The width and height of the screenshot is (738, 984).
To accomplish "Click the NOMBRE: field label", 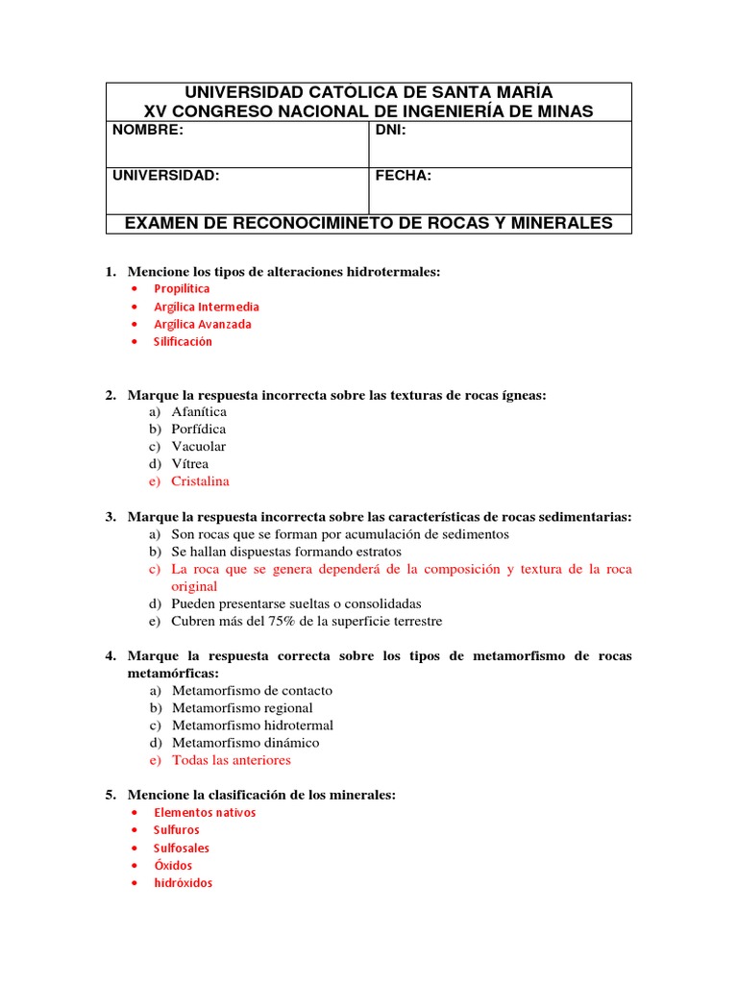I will tap(147, 131).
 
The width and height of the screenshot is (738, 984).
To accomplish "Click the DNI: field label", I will tap(391, 131).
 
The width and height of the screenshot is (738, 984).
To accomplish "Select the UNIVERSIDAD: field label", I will tap(165, 176).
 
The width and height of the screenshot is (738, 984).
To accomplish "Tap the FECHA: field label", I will tap(403, 176).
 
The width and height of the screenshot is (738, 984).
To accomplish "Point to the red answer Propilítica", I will tap(182, 288).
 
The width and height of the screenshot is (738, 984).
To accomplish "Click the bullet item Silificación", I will tap(183, 341).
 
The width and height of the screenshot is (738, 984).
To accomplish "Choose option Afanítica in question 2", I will tap(199, 411).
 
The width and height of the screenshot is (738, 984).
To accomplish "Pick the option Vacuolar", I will tap(199, 446).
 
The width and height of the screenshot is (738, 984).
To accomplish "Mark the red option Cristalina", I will tap(200, 480).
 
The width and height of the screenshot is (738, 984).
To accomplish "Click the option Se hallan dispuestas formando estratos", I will tap(286, 552).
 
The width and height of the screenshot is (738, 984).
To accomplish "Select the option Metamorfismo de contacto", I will tap(252, 690).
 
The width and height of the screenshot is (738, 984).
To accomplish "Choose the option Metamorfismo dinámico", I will tap(245, 742).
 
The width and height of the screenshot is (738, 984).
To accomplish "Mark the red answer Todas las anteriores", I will tap(231, 759).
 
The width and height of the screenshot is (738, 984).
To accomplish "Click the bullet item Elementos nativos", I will tap(205, 812).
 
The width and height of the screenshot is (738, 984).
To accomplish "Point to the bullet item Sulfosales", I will tap(182, 848).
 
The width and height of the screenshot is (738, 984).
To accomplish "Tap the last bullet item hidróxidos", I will tap(183, 882).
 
